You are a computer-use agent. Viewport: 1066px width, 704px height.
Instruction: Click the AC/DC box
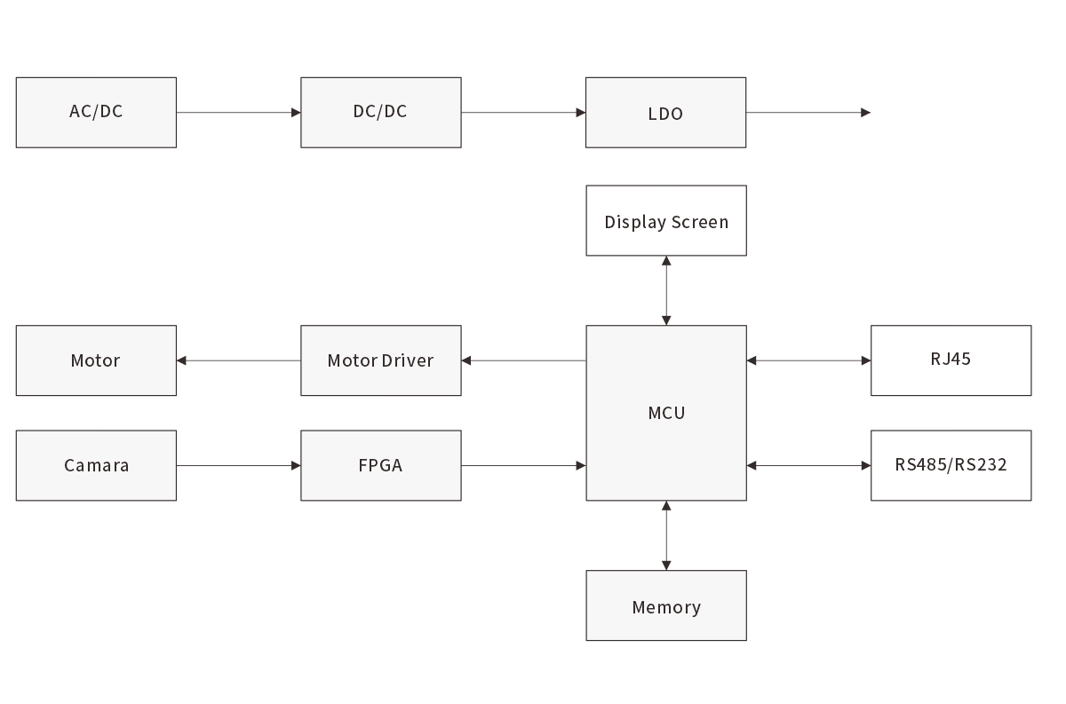(x=96, y=112)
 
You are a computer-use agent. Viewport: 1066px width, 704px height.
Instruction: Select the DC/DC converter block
(x=380, y=112)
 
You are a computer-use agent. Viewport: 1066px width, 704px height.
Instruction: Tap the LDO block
(x=665, y=113)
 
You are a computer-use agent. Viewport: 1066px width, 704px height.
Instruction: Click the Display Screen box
(x=665, y=221)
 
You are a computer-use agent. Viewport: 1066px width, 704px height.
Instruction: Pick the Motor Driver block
(x=380, y=360)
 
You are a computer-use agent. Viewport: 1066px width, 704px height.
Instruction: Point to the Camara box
(x=96, y=465)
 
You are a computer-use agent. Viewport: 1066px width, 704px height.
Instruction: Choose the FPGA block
(x=380, y=465)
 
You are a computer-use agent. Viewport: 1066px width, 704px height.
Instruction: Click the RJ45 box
(x=951, y=360)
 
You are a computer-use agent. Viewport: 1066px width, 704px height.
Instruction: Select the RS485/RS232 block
(x=951, y=465)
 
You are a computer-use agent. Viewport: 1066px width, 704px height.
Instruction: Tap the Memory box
(x=665, y=605)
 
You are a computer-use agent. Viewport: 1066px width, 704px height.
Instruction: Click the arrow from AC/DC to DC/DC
(x=239, y=113)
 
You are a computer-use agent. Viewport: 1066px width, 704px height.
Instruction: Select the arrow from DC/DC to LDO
(x=523, y=113)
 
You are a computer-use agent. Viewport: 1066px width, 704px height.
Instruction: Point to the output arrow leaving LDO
(x=808, y=113)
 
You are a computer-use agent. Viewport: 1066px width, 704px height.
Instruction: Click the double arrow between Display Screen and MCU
(x=666, y=290)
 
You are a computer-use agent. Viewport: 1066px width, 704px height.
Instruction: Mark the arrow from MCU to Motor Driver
(x=523, y=360)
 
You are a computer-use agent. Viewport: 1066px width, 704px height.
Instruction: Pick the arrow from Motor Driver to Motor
(x=239, y=360)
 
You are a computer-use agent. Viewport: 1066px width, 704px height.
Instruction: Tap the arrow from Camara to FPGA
(x=239, y=465)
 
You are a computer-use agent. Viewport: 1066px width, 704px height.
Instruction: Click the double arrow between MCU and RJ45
(x=808, y=360)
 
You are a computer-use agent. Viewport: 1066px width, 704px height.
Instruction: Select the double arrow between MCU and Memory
(x=666, y=535)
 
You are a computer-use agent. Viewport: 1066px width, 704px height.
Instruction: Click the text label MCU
(x=666, y=413)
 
